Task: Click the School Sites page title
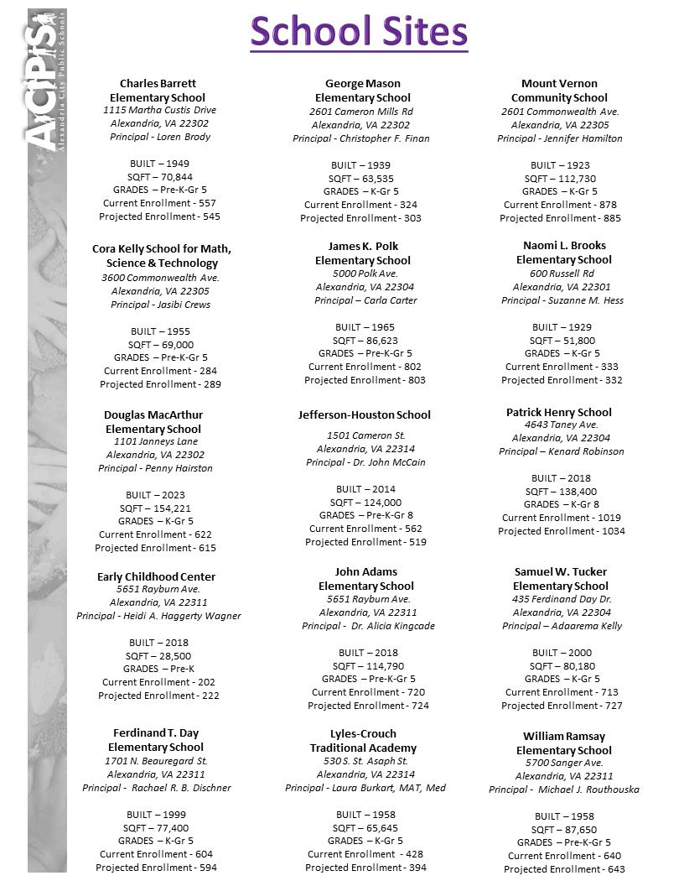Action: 359,31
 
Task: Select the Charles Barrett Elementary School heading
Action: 158,91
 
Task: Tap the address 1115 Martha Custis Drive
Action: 159,110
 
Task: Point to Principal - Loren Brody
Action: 159,137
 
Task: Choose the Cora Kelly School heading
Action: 162,256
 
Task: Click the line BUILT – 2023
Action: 156,495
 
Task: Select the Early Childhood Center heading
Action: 156,576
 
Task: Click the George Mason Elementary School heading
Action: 363,91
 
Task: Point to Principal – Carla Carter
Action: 365,300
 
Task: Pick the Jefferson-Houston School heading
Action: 364,414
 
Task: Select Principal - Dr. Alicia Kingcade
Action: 368,626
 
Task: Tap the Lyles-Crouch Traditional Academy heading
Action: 363,741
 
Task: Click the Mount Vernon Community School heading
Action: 559,91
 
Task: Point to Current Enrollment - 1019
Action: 561,518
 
